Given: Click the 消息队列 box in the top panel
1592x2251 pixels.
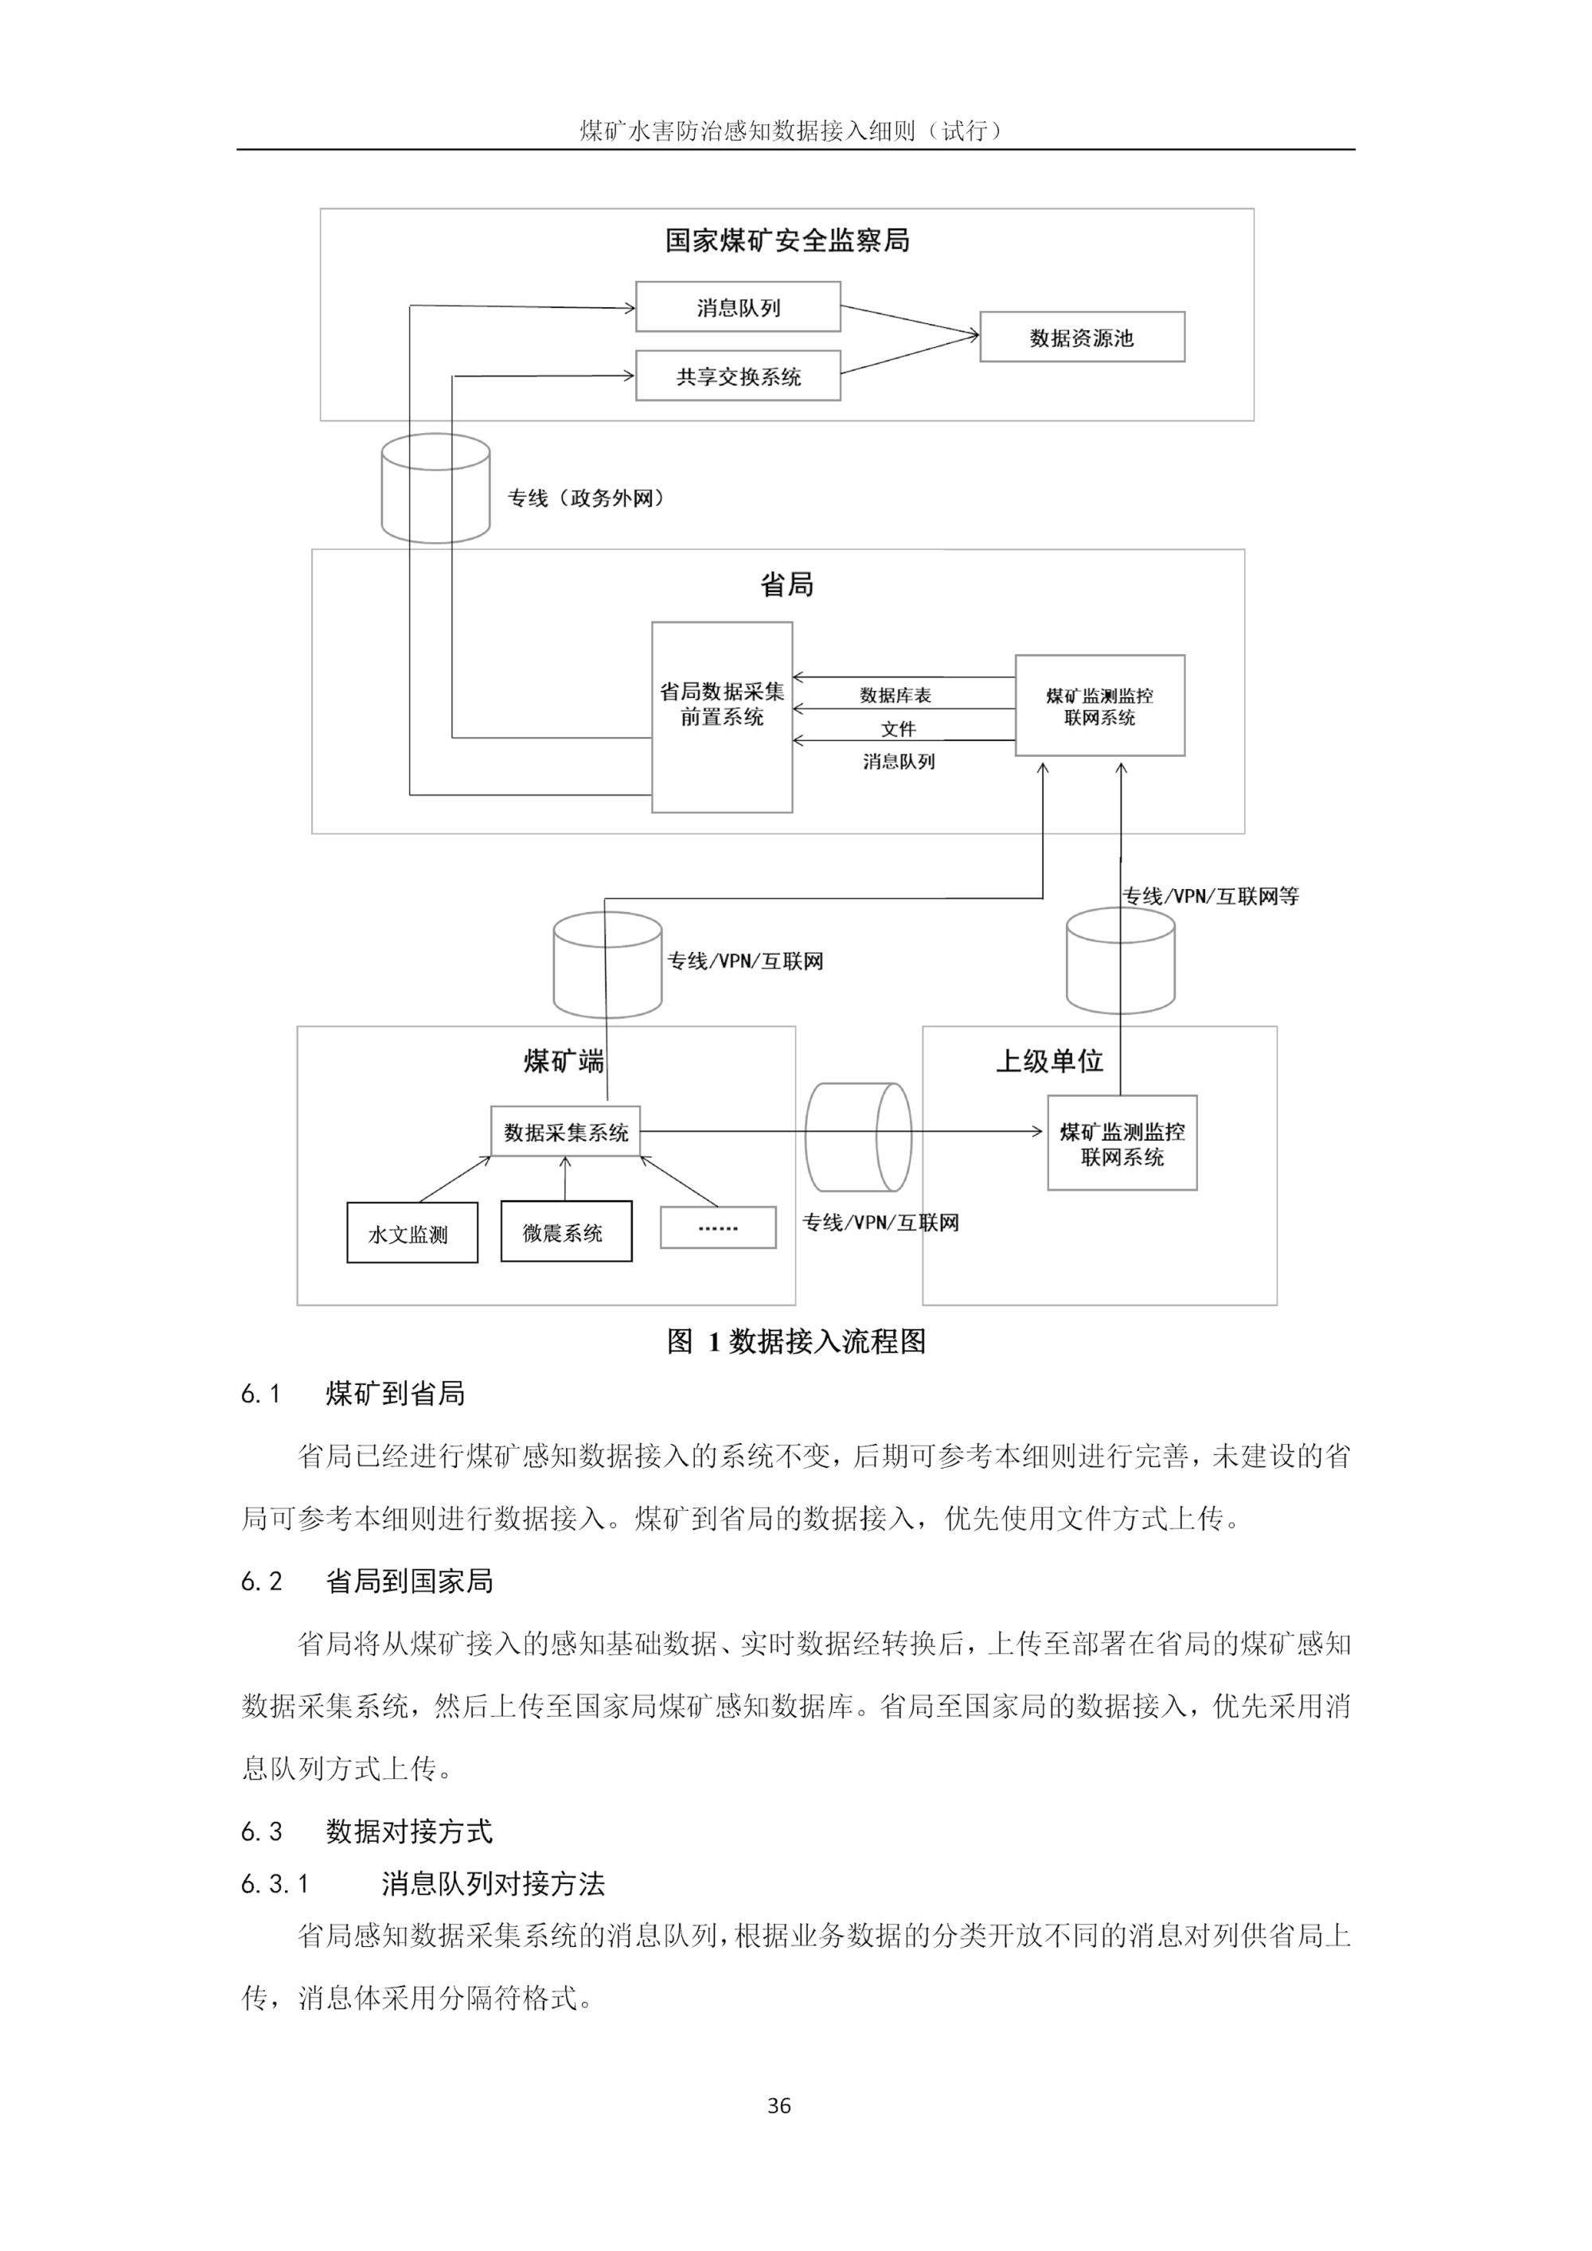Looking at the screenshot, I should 737,307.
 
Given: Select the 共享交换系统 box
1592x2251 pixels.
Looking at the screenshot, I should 737,376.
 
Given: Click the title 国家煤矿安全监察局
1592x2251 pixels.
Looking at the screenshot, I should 787,241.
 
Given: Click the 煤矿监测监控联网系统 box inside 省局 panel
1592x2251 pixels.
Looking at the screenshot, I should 1099,706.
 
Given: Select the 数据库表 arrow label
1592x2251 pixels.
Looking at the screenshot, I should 895,695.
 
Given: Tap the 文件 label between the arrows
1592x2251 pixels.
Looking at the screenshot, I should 898,728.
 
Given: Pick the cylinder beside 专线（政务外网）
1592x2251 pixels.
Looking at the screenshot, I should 435,488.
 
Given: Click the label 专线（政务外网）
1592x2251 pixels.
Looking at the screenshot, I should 586,498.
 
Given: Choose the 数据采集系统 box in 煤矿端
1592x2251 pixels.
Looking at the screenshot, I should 566,1133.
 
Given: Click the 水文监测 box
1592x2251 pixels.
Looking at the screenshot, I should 412,1233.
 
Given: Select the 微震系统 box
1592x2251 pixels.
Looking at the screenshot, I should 566,1231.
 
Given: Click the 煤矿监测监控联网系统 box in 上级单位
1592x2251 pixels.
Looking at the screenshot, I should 1122,1143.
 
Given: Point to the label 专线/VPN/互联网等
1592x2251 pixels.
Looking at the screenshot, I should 1210,895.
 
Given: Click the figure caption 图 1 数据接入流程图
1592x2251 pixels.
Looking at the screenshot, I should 796,1341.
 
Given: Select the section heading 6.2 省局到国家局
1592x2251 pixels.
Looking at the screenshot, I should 367,1581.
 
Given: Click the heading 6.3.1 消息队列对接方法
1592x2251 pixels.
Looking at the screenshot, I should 423,1883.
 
